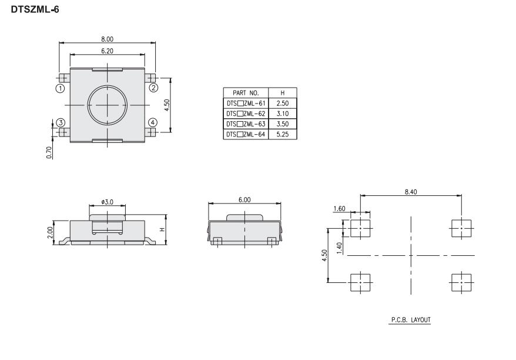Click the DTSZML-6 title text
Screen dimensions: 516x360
(x=35, y=9)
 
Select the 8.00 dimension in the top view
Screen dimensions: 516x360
(x=108, y=39)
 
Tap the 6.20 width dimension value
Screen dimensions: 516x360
(x=108, y=51)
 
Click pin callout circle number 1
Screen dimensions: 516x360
(x=60, y=88)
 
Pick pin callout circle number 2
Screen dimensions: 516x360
(x=153, y=88)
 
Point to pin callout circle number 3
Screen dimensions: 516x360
(x=61, y=123)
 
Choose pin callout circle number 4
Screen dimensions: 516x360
(x=153, y=122)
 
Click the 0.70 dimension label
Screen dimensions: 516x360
(x=49, y=153)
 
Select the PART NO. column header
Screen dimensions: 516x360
(x=246, y=93)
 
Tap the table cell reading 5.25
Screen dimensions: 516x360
(x=283, y=134)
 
